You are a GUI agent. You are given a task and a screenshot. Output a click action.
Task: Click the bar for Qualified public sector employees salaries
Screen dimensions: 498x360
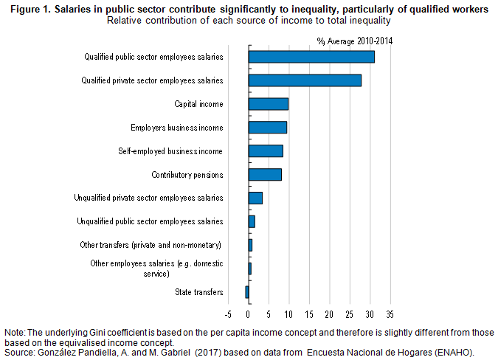click(311, 57)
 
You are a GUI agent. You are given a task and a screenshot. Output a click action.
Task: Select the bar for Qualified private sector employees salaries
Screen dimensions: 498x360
click(305, 80)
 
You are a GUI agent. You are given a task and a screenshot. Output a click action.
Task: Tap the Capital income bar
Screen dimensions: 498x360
click(269, 104)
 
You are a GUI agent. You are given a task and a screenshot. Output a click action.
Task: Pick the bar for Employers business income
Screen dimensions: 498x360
click(268, 128)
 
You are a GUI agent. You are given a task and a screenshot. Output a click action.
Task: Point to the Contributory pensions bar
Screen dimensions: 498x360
click(265, 175)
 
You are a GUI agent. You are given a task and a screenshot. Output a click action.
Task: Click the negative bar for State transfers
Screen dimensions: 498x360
click(247, 292)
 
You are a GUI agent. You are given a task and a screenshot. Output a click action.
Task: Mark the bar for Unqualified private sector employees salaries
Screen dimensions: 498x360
click(255, 198)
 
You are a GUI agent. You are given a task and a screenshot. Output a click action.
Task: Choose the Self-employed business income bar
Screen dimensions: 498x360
click(266, 150)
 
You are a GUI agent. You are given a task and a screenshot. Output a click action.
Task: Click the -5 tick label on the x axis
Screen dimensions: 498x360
click(228, 314)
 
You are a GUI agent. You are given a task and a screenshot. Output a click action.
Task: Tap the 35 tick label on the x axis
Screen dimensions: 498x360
click(390, 314)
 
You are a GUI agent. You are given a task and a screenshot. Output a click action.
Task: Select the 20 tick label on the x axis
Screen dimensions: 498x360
click(329, 314)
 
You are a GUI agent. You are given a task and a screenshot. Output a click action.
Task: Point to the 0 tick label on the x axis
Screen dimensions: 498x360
click(249, 314)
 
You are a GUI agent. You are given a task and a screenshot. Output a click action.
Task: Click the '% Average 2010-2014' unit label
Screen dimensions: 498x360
click(354, 41)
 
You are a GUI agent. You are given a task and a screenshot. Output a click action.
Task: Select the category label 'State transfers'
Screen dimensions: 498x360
click(198, 292)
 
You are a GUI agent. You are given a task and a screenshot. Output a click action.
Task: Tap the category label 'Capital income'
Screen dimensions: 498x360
click(198, 104)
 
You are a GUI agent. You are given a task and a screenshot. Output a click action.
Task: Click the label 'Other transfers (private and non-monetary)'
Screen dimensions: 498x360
click(151, 245)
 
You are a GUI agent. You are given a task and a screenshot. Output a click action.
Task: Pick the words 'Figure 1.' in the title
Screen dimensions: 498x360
click(30, 10)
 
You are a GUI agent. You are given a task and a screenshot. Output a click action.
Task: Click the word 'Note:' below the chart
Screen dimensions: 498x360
click(15, 333)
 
